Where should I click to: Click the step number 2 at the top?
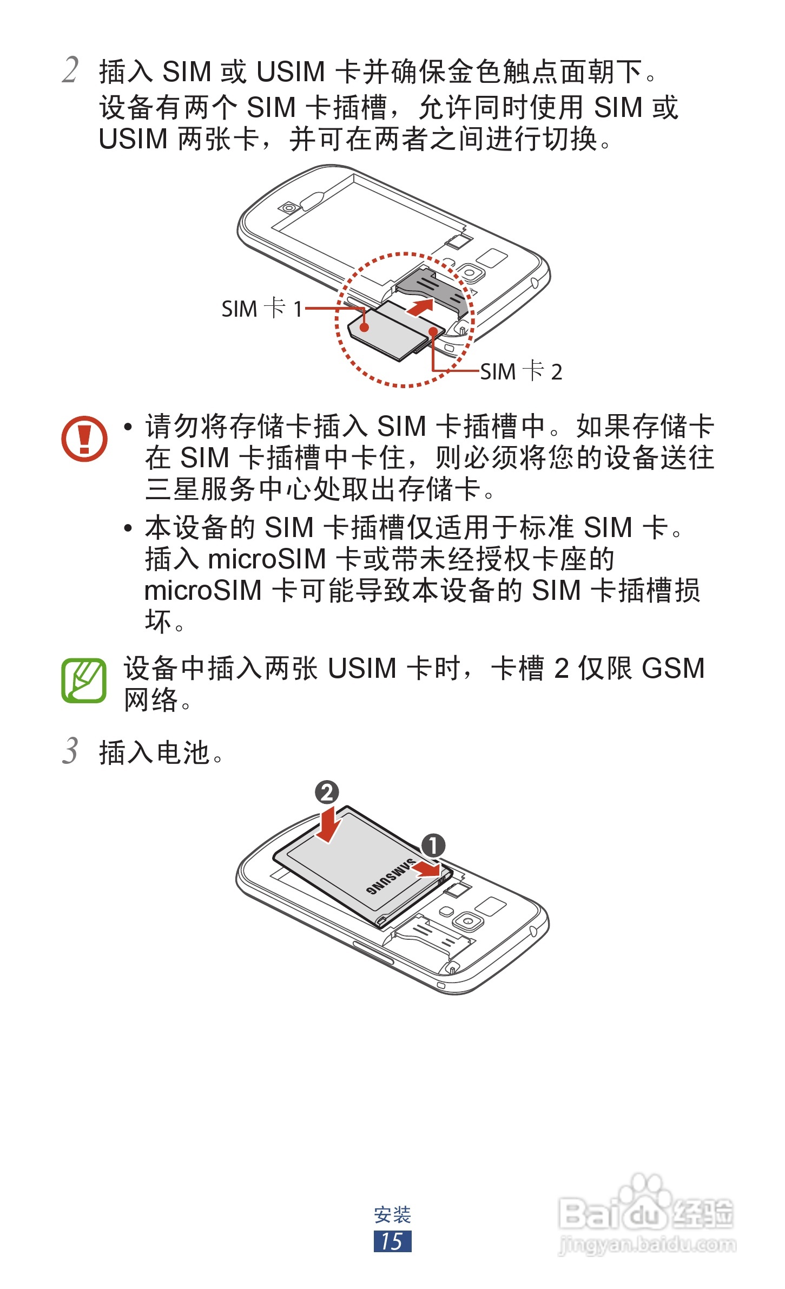70,70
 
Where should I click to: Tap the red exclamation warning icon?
84,439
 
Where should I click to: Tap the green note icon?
84,680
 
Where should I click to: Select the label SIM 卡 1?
261,309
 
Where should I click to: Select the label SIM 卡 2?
522,371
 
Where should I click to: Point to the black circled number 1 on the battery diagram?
433,845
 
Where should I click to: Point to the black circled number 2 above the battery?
327,793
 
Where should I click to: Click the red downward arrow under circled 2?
328,825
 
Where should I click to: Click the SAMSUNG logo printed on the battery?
390,875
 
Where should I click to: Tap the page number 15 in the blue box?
392,1241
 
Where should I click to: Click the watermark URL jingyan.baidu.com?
647,1245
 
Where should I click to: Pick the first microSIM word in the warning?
267,559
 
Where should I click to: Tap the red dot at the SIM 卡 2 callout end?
433,332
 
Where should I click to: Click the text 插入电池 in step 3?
154,753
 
